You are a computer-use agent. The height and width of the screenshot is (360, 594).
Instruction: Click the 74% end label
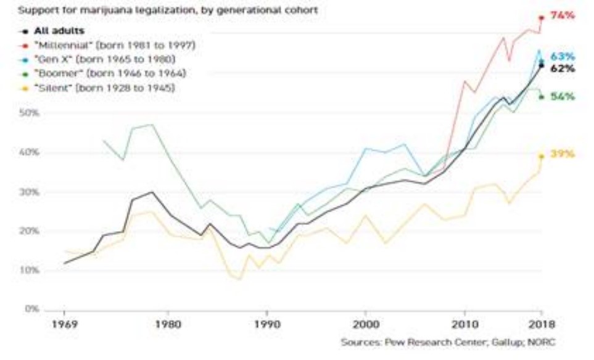(562, 16)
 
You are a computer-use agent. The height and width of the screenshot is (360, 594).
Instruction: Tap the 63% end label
(562, 56)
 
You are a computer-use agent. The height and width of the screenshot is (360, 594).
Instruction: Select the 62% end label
(562, 68)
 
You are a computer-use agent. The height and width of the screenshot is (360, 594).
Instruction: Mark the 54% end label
(562, 97)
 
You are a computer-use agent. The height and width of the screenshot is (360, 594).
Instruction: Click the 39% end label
(562, 153)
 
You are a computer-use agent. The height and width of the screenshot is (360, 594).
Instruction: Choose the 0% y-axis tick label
(31, 309)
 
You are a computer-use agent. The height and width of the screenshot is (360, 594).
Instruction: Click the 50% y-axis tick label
(31, 113)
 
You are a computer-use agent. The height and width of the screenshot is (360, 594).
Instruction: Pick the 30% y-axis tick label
(31, 192)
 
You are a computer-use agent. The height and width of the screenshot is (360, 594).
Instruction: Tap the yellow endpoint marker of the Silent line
(541, 156)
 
